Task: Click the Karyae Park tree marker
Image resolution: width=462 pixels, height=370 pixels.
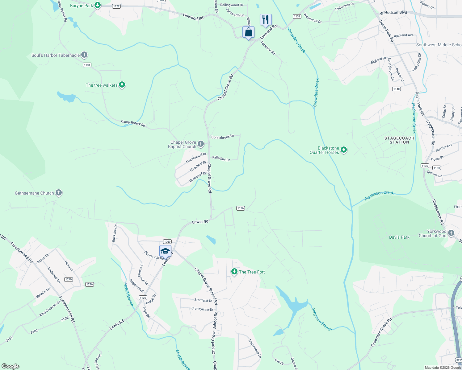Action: tap(98, 5)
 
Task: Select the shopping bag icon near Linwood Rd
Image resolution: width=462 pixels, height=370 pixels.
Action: tap(248, 32)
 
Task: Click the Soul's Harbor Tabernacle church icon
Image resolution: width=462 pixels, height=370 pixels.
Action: tap(84, 55)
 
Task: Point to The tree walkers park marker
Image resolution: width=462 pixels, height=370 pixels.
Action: tap(122, 85)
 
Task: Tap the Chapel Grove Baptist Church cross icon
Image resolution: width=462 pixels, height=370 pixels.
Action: tap(201, 144)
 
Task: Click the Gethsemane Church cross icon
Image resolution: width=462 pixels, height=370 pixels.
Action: tap(59, 193)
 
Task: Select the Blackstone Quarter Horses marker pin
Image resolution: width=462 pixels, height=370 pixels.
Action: tap(344, 150)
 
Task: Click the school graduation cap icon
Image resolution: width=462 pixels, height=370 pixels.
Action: tap(165, 251)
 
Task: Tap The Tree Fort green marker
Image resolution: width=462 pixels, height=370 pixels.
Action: tap(234, 272)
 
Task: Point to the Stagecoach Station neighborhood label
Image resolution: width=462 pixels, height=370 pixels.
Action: tap(399, 140)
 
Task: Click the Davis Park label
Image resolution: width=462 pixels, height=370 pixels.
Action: tap(399, 237)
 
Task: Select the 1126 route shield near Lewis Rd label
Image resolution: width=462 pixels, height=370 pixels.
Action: tap(241, 208)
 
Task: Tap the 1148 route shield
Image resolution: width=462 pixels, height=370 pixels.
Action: tap(397, 89)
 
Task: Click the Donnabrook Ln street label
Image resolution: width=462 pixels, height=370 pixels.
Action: tap(222, 137)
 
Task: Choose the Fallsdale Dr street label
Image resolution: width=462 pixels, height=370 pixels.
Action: tap(221, 158)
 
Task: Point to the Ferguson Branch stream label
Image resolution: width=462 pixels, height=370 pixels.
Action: tap(321, 319)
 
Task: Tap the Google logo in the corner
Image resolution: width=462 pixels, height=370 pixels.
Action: tap(10, 366)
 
